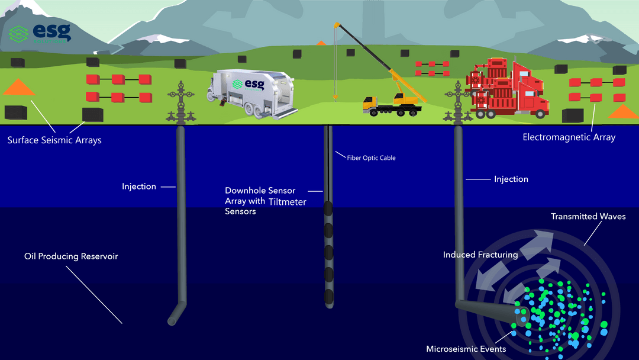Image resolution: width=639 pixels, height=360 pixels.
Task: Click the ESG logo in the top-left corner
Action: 40,33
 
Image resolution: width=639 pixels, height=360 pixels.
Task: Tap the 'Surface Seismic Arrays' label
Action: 54,140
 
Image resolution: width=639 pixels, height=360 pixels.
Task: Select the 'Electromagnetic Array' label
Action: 569,137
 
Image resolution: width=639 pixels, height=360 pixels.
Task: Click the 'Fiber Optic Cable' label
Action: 371,158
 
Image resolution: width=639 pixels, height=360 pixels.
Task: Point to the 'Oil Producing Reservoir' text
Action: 71,256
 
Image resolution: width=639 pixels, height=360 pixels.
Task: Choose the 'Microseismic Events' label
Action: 466,349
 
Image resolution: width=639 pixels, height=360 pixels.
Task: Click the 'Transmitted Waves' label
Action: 588,217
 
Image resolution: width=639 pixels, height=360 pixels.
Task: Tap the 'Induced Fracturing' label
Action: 480,255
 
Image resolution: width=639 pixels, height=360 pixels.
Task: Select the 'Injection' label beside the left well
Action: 139,187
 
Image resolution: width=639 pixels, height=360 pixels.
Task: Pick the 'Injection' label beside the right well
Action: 511,179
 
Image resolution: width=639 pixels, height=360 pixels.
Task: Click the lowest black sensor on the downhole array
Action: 329,297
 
